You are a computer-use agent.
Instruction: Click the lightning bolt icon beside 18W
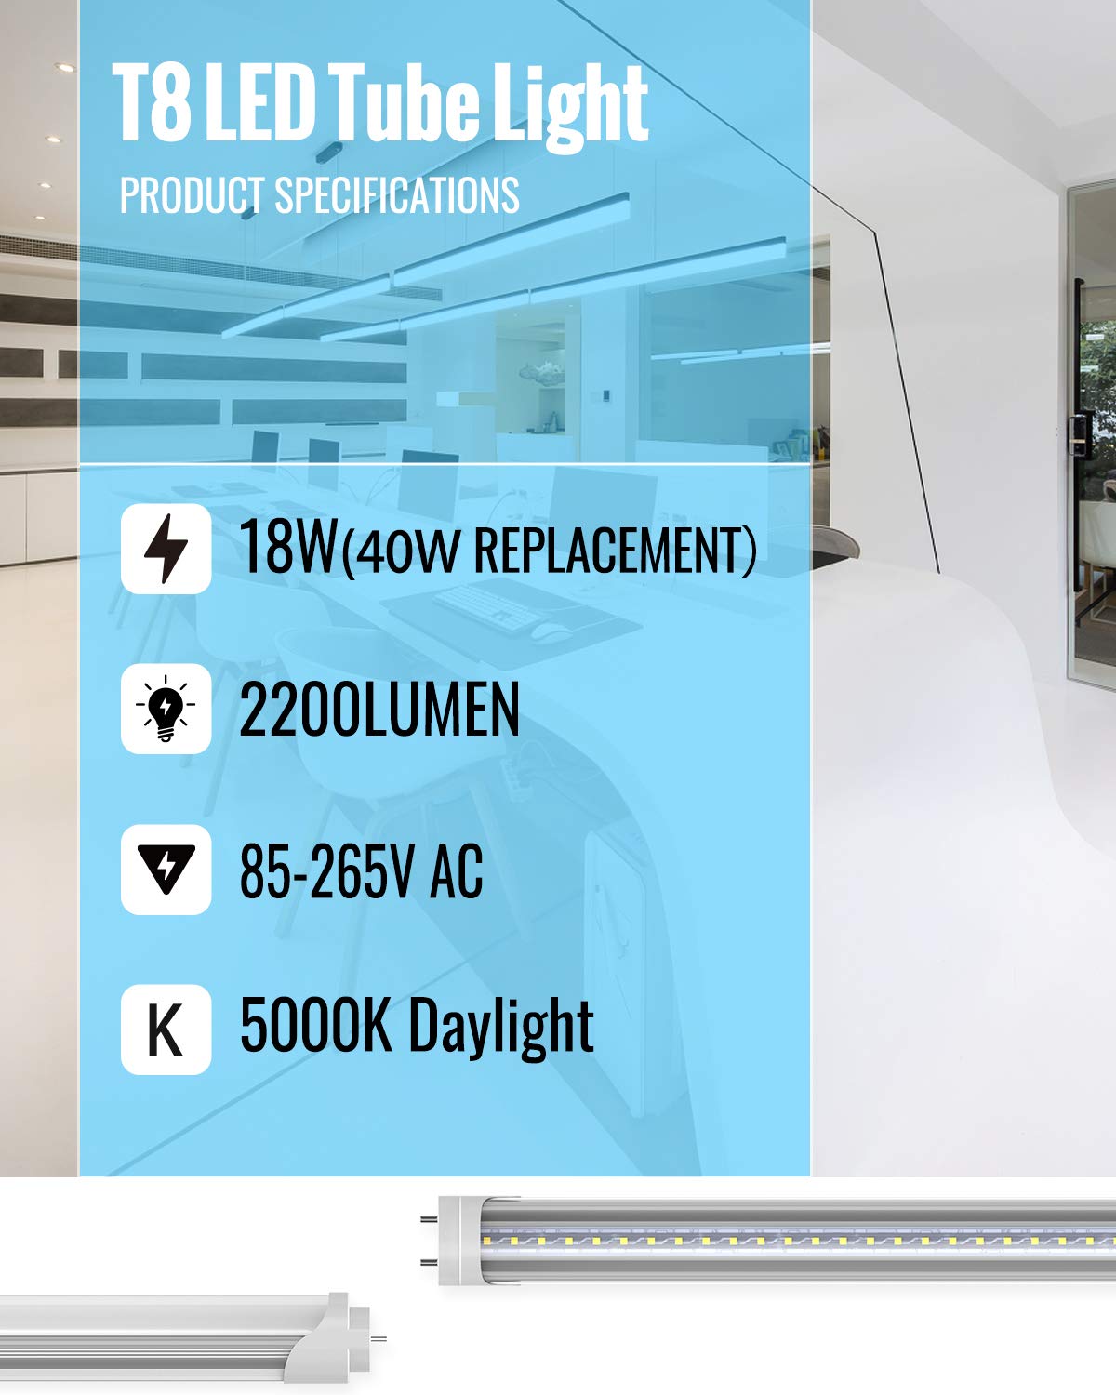pos(166,549)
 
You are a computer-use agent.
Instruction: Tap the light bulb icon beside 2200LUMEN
pos(166,709)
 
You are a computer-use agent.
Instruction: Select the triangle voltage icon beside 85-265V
pos(166,870)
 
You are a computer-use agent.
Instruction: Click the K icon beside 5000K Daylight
pos(166,1030)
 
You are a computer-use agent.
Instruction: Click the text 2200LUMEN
pos(379,710)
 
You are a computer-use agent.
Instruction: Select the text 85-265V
pos(326,870)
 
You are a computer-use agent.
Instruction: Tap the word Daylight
pos(501,1028)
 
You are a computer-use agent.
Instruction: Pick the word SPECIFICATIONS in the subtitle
pos(397,195)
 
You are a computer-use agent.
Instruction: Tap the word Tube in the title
pos(404,101)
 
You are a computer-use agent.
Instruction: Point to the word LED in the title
pos(259,101)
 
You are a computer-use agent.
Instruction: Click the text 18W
pos(289,546)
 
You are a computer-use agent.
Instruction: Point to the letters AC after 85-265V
pos(457,870)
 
